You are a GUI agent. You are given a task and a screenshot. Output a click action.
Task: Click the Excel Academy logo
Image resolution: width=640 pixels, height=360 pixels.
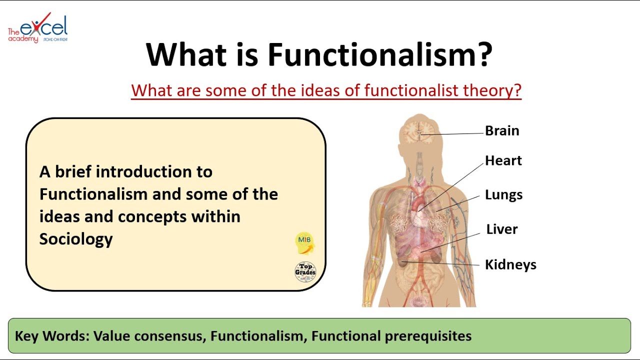(x=37, y=28)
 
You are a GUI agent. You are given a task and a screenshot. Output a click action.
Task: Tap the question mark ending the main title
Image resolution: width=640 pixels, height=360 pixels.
(x=483, y=54)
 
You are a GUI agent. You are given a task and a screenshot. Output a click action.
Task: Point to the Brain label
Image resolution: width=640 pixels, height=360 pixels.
(x=502, y=131)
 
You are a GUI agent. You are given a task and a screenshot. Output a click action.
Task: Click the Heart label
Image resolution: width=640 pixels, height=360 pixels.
(x=503, y=160)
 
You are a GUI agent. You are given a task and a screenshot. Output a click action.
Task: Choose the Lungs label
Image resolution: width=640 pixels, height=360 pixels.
(x=503, y=195)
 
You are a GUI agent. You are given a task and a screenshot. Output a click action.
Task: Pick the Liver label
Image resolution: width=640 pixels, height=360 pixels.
(x=502, y=229)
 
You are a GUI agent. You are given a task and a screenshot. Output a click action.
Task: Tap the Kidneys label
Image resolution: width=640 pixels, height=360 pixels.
(x=510, y=264)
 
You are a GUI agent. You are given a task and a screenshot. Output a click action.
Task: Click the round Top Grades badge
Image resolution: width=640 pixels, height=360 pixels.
(x=305, y=271)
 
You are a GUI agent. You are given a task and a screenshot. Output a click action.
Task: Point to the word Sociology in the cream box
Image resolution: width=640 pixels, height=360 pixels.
(x=76, y=239)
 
